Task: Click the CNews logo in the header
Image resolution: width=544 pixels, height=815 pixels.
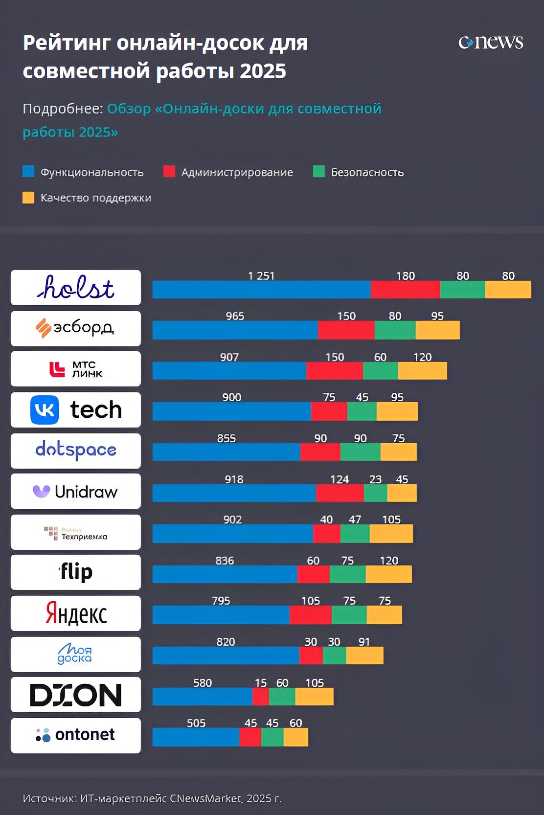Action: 491,43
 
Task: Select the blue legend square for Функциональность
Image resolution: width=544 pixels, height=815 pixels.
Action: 28,171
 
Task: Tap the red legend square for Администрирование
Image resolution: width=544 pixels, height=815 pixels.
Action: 169,171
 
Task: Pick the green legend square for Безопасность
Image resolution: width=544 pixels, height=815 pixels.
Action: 318,171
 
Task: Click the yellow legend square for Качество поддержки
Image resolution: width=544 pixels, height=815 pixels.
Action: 28,197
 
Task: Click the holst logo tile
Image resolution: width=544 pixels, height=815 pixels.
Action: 76,288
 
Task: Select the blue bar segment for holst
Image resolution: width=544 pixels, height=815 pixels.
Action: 261,290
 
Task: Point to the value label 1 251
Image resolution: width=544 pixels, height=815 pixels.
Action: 261,276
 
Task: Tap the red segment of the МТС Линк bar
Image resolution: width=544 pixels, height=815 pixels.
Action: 334,371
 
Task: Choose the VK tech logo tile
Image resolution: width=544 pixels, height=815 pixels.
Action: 76,410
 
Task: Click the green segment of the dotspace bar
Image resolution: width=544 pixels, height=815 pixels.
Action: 360,452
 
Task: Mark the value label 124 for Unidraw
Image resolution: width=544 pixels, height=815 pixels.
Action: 340,479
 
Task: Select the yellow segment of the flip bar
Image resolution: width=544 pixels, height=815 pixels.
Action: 388,574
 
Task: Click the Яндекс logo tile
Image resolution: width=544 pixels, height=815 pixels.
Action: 76,613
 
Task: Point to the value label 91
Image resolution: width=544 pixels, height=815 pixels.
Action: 364,642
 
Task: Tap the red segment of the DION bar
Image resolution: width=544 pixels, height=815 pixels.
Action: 260,697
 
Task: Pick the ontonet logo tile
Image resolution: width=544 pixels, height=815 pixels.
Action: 76,735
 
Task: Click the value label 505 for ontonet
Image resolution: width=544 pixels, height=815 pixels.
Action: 196,723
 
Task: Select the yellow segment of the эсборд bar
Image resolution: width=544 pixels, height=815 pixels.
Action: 437,330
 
